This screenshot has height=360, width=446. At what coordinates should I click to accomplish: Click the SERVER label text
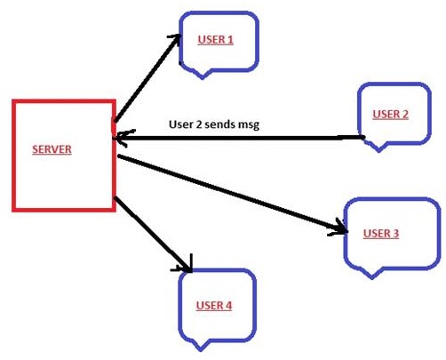(x=52, y=149)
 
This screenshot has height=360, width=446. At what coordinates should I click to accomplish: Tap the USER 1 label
(x=216, y=40)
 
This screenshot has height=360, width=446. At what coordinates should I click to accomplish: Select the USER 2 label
(x=391, y=115)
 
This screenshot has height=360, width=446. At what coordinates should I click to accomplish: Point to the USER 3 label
(x=381, y=234)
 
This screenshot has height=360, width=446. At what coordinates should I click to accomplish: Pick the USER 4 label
(x=214, y=306)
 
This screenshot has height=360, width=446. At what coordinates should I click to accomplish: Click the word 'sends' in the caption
(x=219, y=124)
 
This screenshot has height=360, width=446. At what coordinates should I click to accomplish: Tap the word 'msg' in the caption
(x=247, y=125)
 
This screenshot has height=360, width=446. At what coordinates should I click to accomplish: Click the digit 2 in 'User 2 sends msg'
(x=198, y=124)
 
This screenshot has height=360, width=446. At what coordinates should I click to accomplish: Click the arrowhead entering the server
(x=122, y=138)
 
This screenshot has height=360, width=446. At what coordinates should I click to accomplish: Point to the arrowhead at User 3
(x=340, y=228)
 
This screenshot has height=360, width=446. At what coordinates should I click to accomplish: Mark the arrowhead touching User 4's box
(x=185, y=265)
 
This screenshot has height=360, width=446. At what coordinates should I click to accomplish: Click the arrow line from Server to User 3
(x=233, y=193)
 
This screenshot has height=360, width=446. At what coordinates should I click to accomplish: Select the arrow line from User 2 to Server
(x=239, y=138)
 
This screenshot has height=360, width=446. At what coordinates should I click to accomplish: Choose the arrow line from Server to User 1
(x=147, y=77)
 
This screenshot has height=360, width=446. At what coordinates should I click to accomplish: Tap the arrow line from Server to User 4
(x=153, y=234)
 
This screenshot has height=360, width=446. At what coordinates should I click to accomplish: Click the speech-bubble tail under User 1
(x=203, y=74)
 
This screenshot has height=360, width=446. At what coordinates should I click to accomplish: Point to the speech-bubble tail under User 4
(x=201, y=346)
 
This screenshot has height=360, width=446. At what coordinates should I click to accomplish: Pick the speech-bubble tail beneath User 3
(x=372, y=274)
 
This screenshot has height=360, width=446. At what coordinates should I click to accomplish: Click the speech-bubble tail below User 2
(x=378, y=148)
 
